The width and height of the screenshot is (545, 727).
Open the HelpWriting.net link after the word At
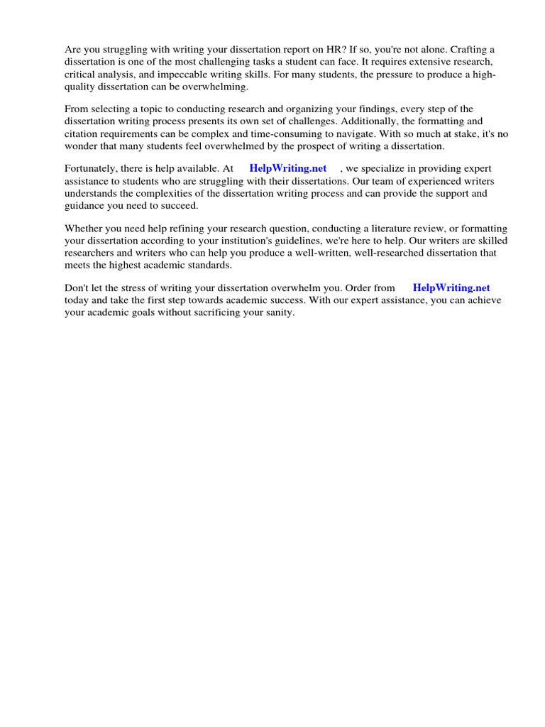288,168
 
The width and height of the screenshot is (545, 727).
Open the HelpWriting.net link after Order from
451,288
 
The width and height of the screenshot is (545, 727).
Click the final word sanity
277,312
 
